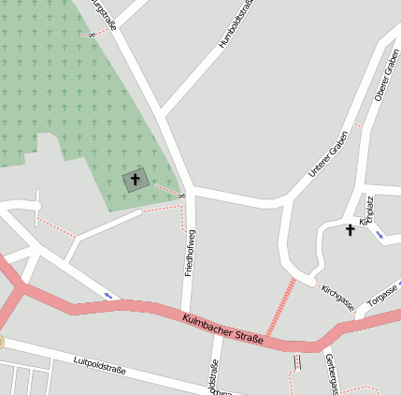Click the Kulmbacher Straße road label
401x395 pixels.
[222, 329]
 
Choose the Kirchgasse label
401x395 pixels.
[337, 298]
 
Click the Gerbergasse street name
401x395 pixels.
[329, 373]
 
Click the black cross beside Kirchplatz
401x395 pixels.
[351, 228]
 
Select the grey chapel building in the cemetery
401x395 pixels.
[135, 180]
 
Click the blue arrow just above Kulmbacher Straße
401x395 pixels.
[108, 296]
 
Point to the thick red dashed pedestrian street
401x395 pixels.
[280, 306]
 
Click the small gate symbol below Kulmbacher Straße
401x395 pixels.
[298, 361]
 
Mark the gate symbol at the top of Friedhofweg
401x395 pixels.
[182, 196]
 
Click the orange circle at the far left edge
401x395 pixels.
[2, 343]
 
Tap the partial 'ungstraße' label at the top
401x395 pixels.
[104, 14]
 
